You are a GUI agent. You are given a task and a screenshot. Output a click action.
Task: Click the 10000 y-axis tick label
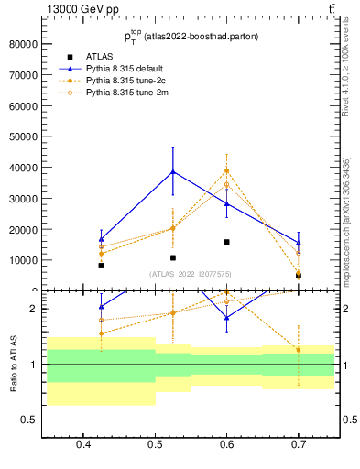click(22, 260)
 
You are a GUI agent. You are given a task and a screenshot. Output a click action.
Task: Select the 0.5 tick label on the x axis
click(155, 446)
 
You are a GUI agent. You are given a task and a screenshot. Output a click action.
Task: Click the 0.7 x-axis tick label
click(298, 446)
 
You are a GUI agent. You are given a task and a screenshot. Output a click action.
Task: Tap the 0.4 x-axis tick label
click(83, 446)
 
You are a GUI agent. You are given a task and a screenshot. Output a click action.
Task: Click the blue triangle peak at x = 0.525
click(172, 171)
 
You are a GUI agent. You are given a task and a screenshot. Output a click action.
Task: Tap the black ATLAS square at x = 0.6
click(226, 242)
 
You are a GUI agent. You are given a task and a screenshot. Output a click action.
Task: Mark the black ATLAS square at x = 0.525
click(172, 257)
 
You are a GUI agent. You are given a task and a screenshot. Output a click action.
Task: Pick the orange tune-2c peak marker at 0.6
click(226, 170)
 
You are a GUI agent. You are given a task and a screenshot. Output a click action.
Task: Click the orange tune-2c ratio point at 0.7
click(298, 349)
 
